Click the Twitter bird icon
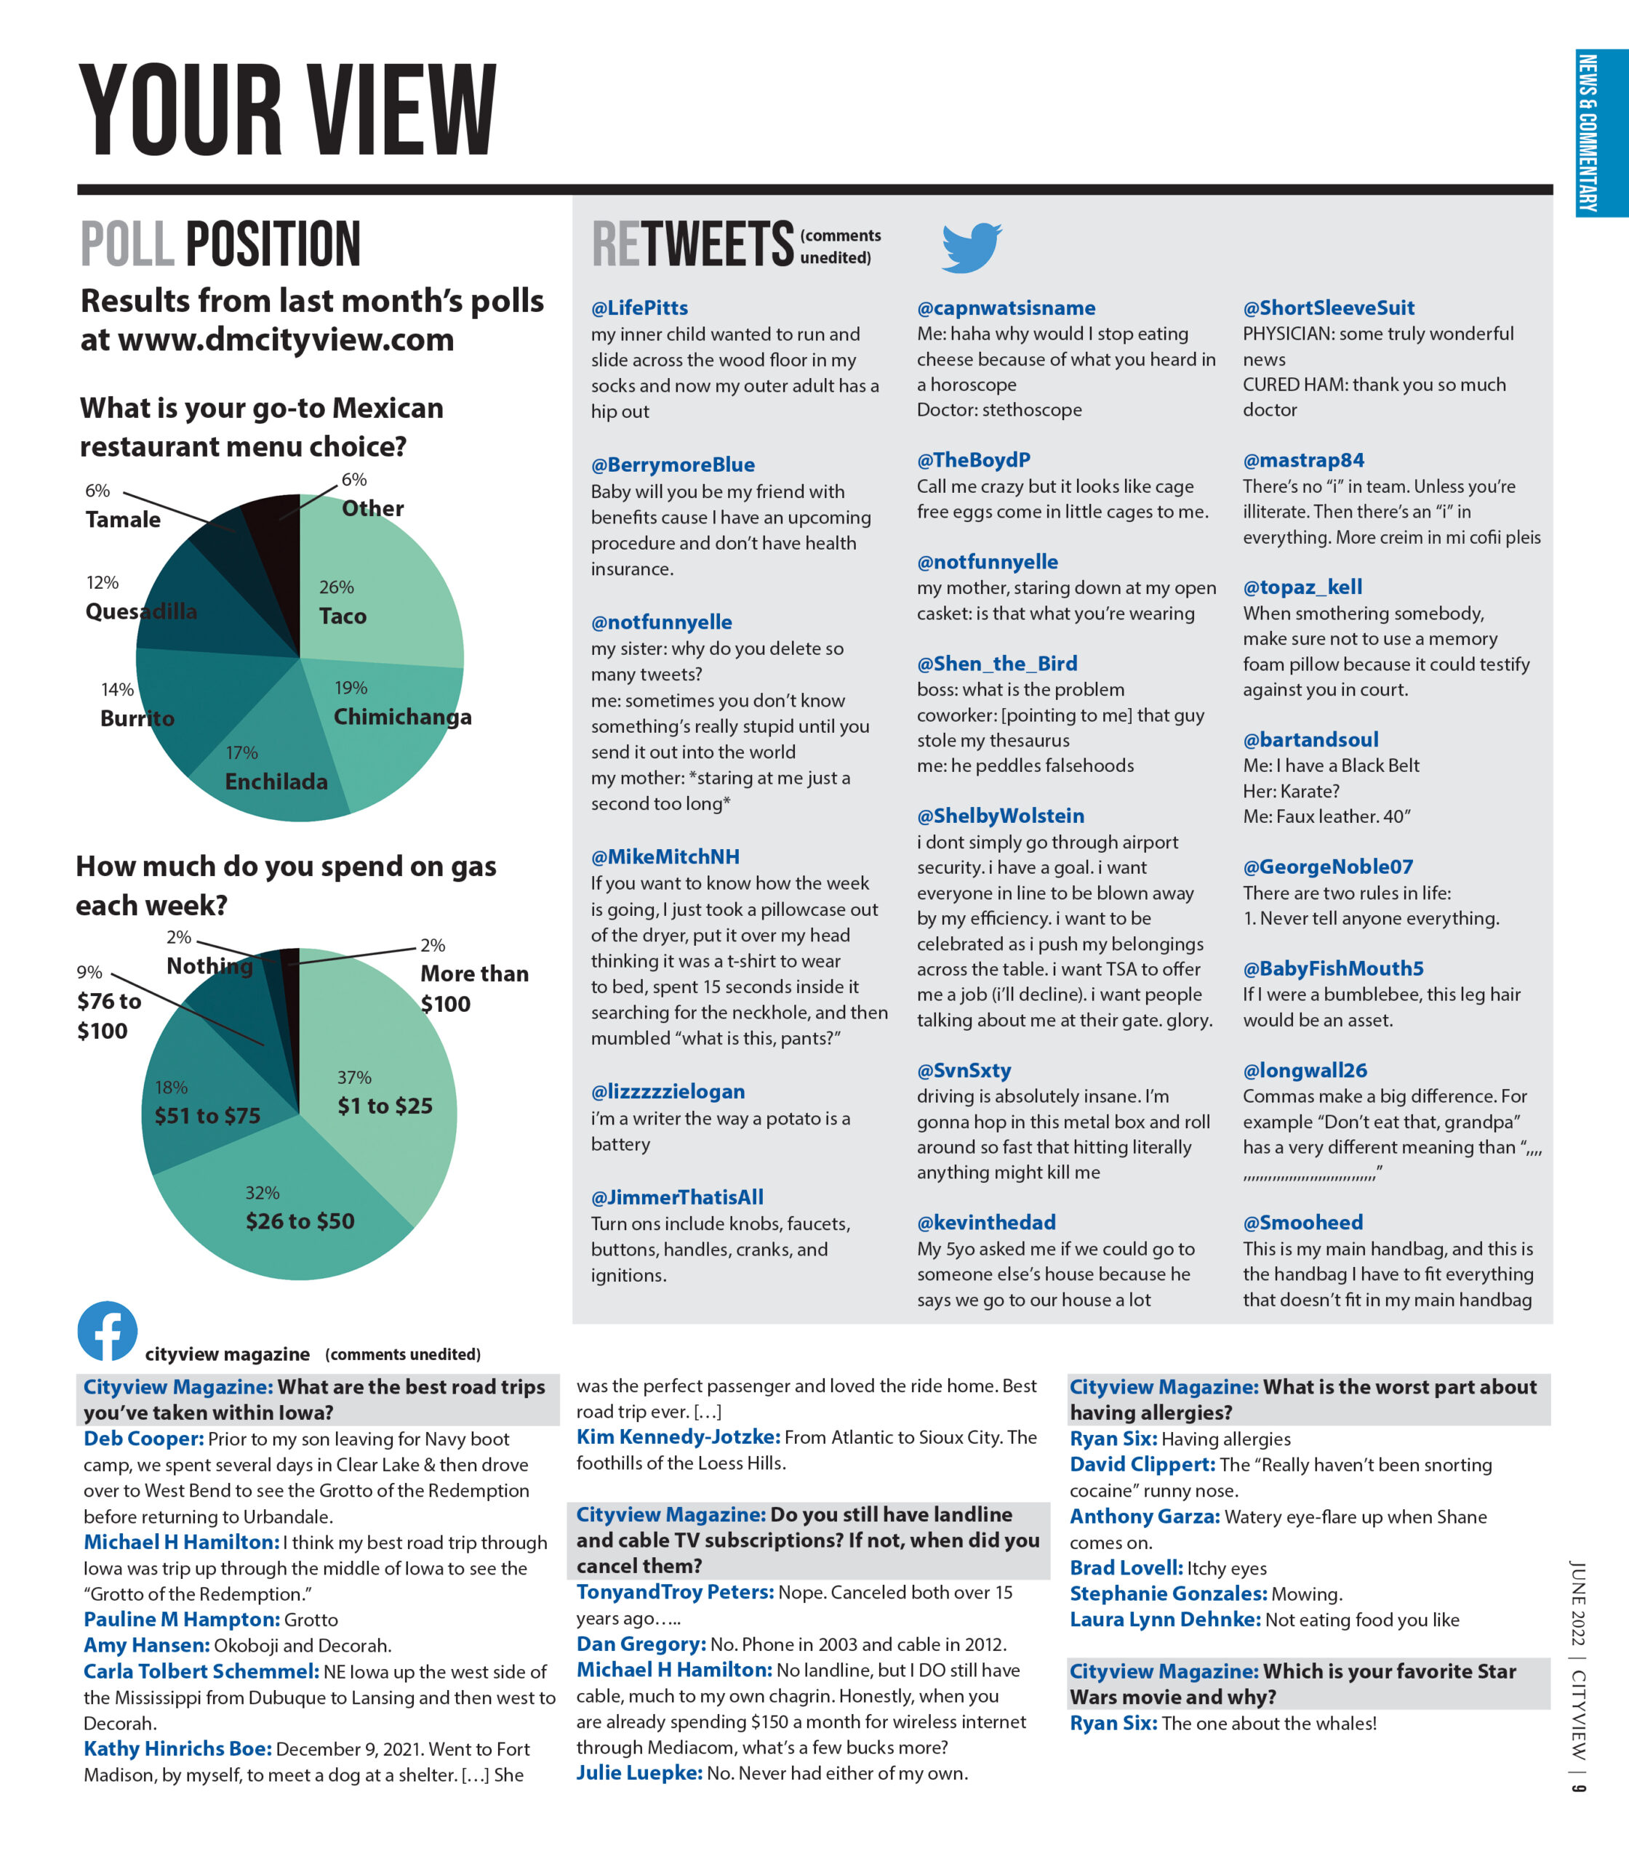click(x=971, y=246)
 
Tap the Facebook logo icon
click(x=108, y=1330)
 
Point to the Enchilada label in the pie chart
click(x=276, y=781)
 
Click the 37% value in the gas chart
click(x=355, y=1077)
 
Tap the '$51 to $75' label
click(x=207, y=1116)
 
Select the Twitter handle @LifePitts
click(x=639, y=308)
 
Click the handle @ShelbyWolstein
click(x=1000, y=816)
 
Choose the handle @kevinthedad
click(x=986, y=1222)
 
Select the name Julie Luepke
click(x=639, y=1773)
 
